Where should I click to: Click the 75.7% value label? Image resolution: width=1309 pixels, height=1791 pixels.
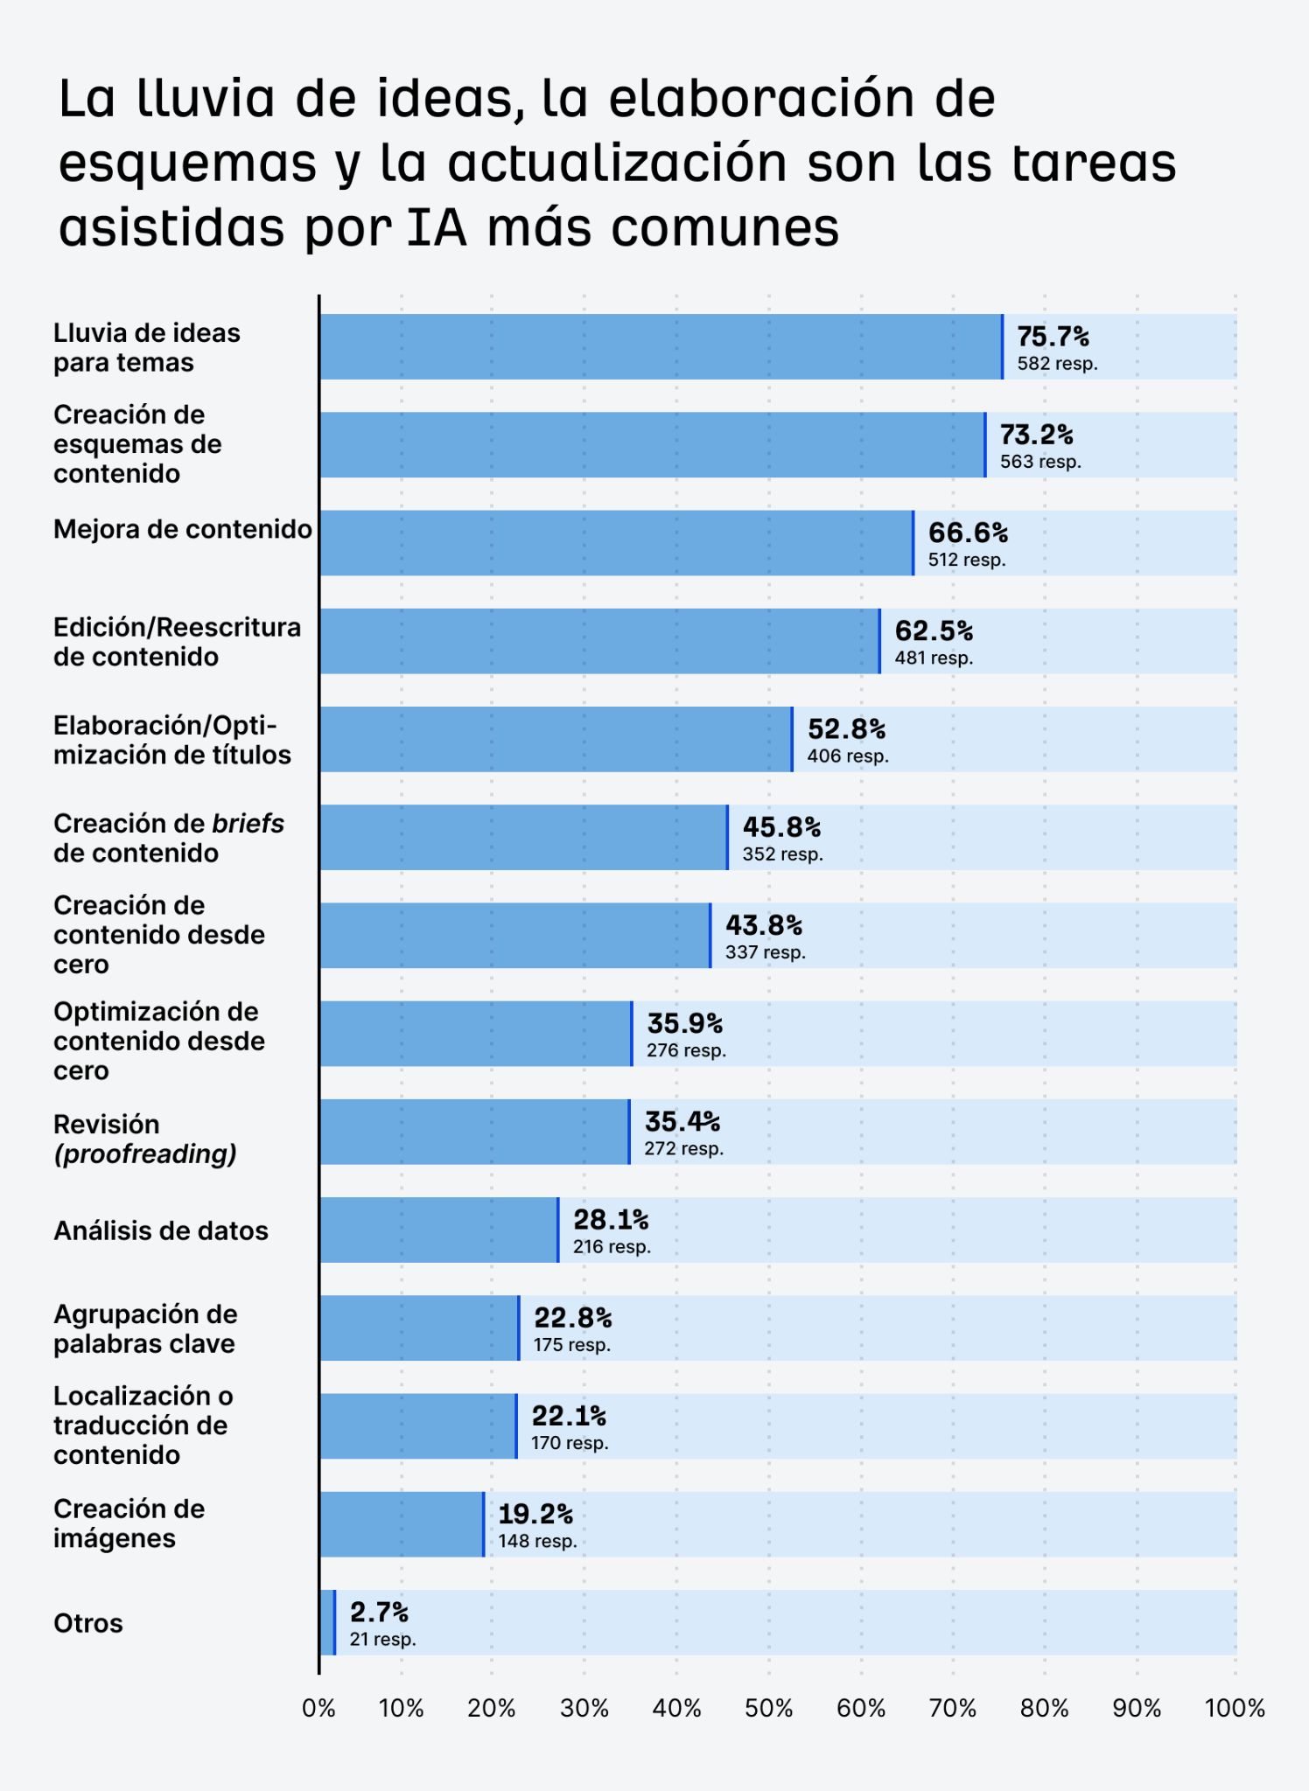click(x=1053, y=337)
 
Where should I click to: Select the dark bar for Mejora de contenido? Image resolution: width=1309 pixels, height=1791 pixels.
click(x=616, y=543)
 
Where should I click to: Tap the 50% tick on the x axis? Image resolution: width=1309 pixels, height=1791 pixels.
click(x=768, y=1708)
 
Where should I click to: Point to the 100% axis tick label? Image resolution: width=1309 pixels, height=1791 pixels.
click(x=1235, y=1708)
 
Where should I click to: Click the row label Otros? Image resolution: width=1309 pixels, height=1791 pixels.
click(x=88, y=1623)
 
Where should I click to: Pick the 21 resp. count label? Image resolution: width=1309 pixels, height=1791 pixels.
click(x=382, y=1640)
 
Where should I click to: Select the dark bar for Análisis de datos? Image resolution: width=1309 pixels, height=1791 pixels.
click(x=437, y=1230)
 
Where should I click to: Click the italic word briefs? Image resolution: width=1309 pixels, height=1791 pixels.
click(x=248, y=824)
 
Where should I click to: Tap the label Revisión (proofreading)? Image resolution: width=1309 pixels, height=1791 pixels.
click(x=145, y=1139)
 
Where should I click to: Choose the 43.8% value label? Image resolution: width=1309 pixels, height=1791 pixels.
click(x=764, y=925)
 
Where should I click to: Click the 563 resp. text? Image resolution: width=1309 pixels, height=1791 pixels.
click(x=1040, y=462)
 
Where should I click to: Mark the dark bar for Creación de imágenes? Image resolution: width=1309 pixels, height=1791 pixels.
click(x=401, y=1524)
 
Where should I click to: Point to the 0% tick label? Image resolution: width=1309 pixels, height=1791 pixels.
click(x=318, y=1708)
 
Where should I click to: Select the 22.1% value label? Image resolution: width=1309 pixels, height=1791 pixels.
click(x=569, y=1416)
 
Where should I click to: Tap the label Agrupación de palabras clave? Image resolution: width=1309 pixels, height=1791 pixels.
click(x=145, y=1328)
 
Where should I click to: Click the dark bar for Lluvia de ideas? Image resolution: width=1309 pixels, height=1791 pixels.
click(x=661, y=346)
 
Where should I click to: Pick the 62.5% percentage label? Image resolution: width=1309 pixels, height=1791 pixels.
click(x=934, y=631)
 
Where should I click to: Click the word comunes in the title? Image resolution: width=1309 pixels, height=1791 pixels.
click(x=724, y=226)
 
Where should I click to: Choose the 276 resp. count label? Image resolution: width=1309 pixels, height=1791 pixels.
click(x=686, y=1050)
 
